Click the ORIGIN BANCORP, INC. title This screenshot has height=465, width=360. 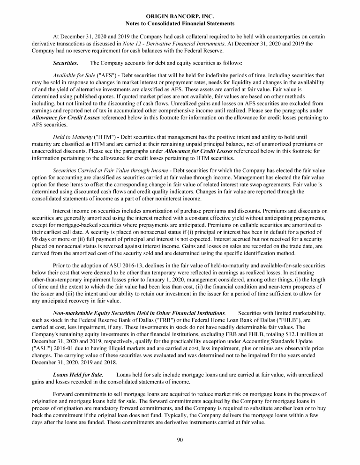[180, 16]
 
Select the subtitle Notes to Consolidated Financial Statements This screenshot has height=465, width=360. [180, 23]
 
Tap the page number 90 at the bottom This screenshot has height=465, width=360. [180, 439]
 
